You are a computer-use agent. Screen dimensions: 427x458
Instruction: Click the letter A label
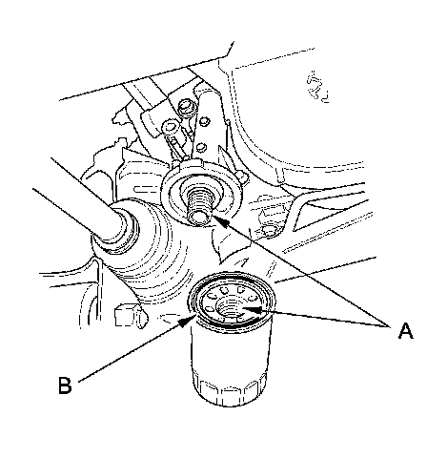(x=406, y=331)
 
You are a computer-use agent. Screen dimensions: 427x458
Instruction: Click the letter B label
(x=65, y=385)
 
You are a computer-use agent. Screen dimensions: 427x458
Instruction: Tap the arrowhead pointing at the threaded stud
(x=221, y=221)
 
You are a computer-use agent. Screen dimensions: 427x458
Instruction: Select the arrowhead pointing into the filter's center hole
(x=253, y=309)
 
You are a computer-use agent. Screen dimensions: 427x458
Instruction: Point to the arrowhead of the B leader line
(x=188, y=322)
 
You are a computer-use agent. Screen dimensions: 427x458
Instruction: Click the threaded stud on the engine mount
(x=199, y=206)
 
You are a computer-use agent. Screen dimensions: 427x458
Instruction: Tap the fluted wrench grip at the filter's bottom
(x=231, y=391)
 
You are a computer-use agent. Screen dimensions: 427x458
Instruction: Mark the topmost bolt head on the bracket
(x=184, y=108)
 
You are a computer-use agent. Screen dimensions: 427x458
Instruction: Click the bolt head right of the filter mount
(x=269, y=230)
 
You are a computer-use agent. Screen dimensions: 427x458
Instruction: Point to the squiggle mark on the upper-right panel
(x=317, y=87)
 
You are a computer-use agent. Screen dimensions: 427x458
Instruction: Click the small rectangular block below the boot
(x=131, y=315)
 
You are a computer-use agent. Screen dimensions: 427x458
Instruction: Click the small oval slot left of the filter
(x=171, y=317)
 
